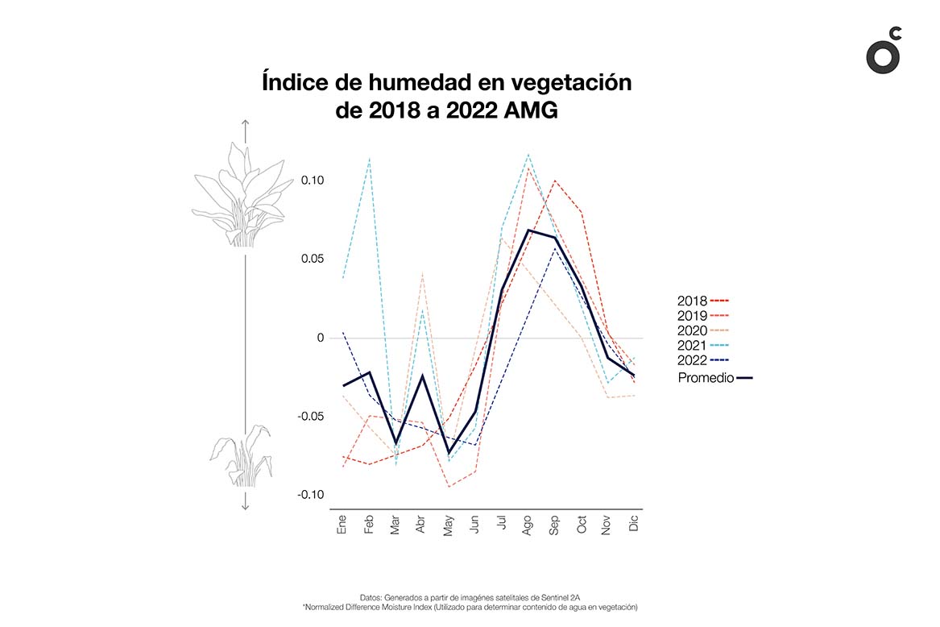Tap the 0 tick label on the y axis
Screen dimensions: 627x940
pyautogui.click(x=320, y=338)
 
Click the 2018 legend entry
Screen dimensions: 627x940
pyautogui.click(x=692, y=301)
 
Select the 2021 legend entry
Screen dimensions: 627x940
pyautogui.click(x=692, y=345)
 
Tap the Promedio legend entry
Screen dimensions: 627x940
pyautogui.click(x=706, y=378)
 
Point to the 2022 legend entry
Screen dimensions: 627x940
pyautogui.click(x=692, y=360)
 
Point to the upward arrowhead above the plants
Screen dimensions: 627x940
pyautogui.click(x=246, y=123)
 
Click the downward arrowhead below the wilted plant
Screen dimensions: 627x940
pyautogui.click(x=246, y=505)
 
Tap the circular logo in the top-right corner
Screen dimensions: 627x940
pyautogui.click(x=883, y=52)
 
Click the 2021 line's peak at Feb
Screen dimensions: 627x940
pyautogui.click(x=369, y=159)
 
